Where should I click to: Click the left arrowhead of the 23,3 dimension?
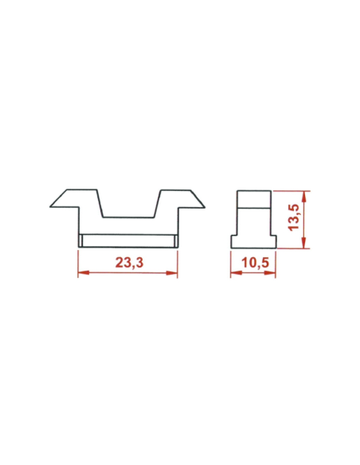pos(81,274)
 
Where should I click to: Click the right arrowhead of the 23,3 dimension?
pos(174,274)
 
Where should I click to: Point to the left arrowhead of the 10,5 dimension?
pos(233,274)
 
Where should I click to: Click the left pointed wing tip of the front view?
pos(53,204)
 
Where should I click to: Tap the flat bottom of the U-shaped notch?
pos(127,216)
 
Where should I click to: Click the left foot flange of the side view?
pos(235,241)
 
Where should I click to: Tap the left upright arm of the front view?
pos(88,207)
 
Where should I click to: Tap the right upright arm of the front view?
pos(167,207)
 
